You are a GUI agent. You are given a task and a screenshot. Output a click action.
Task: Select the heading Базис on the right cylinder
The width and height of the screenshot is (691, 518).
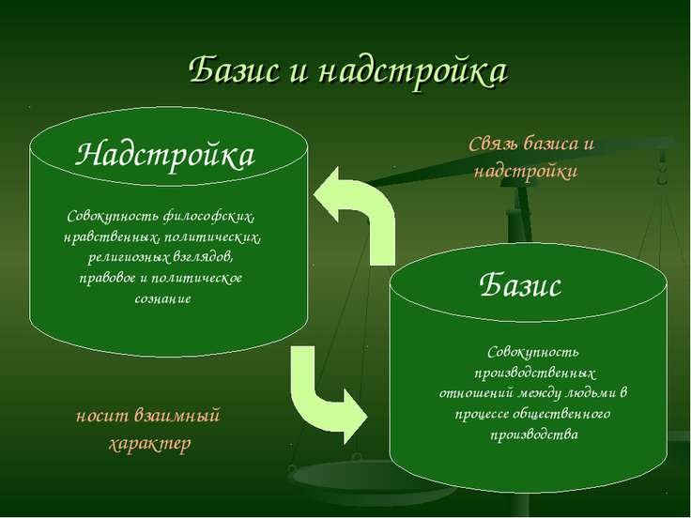[x=520, y=284]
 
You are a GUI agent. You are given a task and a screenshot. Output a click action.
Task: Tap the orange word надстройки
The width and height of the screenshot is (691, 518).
[x=525, y=172]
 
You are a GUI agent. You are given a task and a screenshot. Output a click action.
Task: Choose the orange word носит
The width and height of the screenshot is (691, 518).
[x=103, y=415]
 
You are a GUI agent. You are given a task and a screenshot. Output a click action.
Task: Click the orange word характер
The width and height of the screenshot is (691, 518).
[x=150, y=443]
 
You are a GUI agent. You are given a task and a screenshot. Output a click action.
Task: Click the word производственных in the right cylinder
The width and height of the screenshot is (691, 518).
[x=531, y=373]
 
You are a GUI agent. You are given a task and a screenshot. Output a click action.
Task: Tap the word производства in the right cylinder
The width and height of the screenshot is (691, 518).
[x=532, y=434]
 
